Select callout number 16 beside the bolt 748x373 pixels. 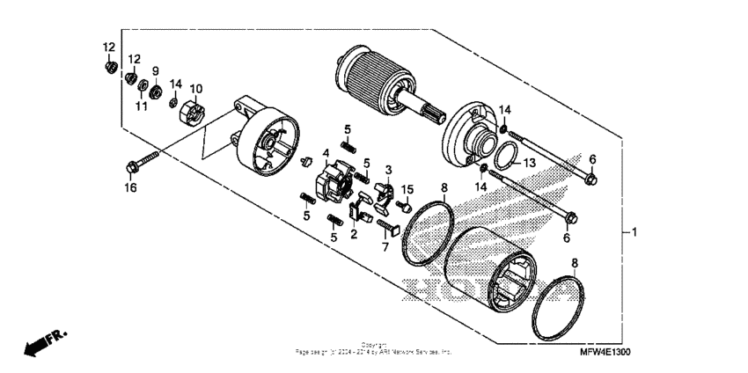coord(130,187)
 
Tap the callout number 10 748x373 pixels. coord(195,89)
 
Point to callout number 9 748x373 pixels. coord(155,71)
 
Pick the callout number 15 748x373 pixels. coord(407,189)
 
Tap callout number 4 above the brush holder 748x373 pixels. coord(326,153)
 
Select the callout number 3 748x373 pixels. coord(387,169)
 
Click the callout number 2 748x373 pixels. coord(353,235)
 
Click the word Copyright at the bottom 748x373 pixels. coord(374,345)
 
